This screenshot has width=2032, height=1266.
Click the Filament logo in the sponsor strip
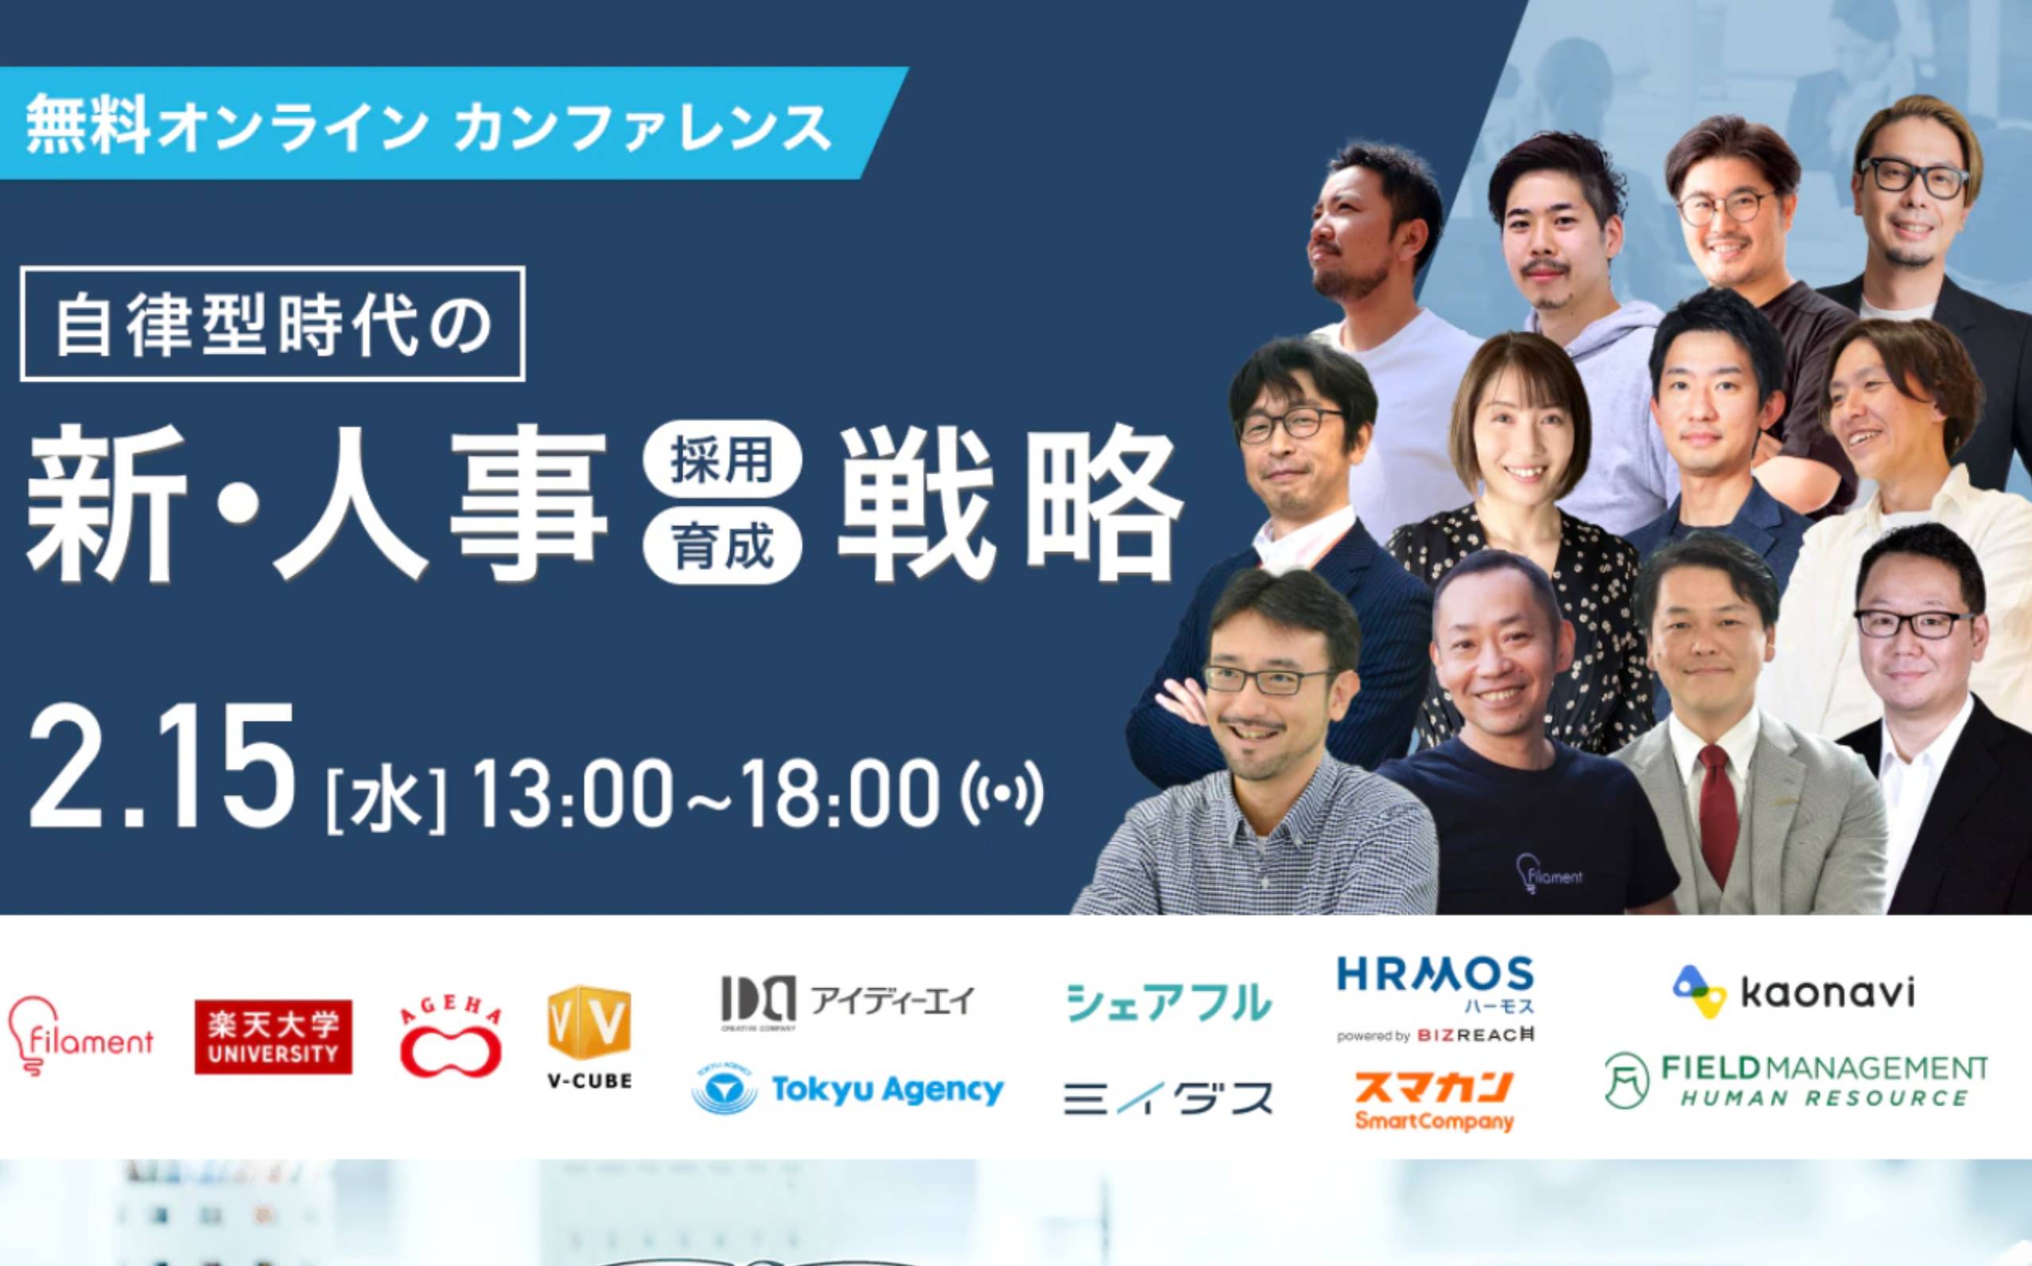pyautogui.click(x=80, y=1042)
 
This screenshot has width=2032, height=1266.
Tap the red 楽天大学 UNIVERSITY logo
pyautogui.click(x=273, y=1037)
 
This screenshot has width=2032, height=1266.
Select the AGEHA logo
pyautogui.click(x=451, y=1038)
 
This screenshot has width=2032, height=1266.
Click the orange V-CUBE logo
pyautogui.click(x=589, y=1038)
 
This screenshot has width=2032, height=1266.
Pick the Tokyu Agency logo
pyautogui.click(x=848, y=1089)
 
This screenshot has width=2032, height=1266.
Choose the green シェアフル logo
pyautogui.click(x=1168, y=1001)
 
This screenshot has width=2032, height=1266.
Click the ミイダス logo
pyautogui.click(x=1168, y=1097)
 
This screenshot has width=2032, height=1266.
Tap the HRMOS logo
pyautogui.click(x=1436, y=999)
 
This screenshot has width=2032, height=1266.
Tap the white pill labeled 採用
pyautogui.click(x=723, y=462)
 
